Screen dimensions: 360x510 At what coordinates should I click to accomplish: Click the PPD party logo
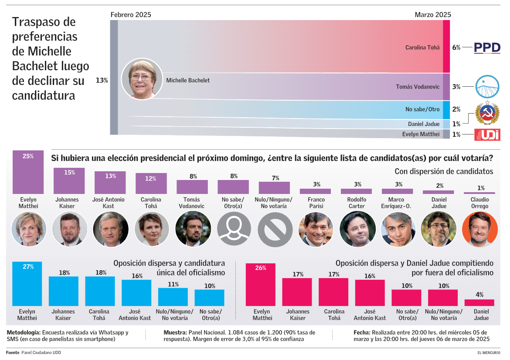pos(487,48)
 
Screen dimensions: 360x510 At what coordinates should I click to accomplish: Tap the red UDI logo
pos(487,135)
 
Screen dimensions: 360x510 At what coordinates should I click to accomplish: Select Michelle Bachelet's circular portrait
pos(142,79)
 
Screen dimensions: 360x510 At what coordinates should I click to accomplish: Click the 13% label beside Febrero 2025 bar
pos(102,80)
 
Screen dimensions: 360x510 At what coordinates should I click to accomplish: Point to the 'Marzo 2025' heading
pos(432,14)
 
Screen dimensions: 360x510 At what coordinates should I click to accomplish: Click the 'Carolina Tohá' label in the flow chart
pos(422,48)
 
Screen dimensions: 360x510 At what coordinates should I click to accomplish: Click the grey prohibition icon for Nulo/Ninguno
pos(275,229)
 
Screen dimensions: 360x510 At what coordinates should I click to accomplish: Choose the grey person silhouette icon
pos(234,229)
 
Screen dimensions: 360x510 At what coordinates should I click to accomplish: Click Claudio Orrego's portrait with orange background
pos(479,229)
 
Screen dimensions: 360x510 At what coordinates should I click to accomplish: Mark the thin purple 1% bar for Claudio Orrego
pos(479,193)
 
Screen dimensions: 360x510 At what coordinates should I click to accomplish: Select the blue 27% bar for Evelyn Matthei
pos(27,284)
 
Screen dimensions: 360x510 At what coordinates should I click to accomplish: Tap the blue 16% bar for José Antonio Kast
pos(136,292)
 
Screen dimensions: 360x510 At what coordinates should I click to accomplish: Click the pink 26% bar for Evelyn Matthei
pos(261,285)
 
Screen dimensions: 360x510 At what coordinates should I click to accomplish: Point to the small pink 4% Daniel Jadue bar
pos(479,302)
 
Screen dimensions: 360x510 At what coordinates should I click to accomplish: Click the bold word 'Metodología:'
pos(24,333)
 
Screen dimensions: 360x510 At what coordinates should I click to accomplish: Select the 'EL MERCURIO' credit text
pos(488,352)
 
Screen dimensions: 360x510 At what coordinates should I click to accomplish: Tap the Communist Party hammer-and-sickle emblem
pos(487,113)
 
